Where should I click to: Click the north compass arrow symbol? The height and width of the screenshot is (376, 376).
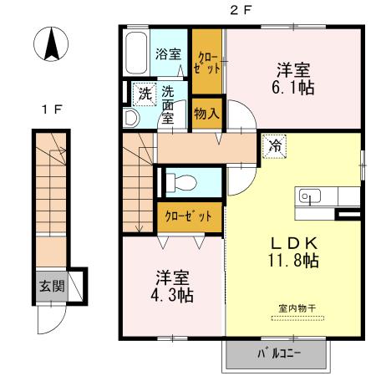(49, 43)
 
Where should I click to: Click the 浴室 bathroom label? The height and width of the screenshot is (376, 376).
(168, 54)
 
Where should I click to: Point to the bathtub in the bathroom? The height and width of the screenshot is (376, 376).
(136, 55)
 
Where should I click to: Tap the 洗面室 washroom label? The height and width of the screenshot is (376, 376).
(168, 104)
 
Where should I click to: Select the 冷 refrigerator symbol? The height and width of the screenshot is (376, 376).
(274, 146)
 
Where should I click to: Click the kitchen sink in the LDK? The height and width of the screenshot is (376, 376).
(309, 197)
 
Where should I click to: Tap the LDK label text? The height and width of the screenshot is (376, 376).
(291, 241)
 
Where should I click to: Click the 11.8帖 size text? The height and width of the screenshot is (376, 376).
(291, 261)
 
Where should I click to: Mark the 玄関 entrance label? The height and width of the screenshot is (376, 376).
(50, 286)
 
